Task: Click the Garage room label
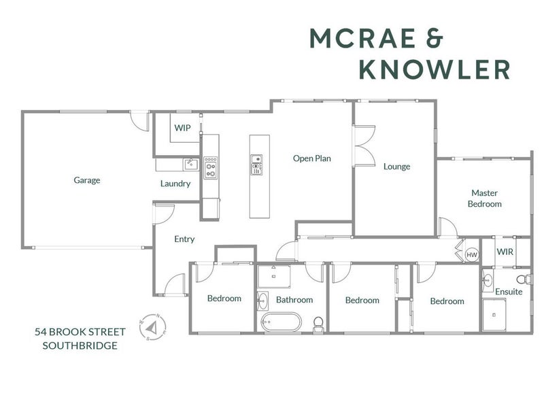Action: click(87, 180)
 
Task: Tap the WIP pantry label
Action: click(182, 128)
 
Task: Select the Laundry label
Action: click(175, 184)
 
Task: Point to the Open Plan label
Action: click(312, 158)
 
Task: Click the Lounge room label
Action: click(396, 167)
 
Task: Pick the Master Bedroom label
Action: click(484, 198)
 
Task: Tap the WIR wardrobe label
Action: click(505, 252)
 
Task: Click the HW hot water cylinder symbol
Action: click(472, 255)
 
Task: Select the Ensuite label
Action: click(509, 292)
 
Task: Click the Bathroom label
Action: click(294, 299)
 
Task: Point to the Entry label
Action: click(184, 239)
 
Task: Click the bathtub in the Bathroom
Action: click(281, 322)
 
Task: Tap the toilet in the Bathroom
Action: click(318, 325)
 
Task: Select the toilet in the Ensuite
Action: click(524, 279)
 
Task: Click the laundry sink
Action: click(191, 164)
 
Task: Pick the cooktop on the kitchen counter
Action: click(210, 168)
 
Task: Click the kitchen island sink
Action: click(256, 165)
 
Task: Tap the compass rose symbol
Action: click(152, 327)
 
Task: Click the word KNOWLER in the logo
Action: click(435, 70)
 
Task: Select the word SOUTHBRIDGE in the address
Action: click(80, 345)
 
